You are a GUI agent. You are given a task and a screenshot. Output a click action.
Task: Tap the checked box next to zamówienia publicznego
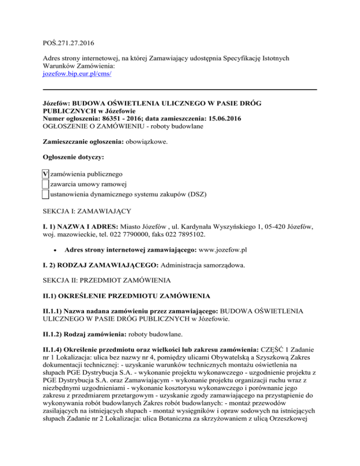click(x=45, y=175)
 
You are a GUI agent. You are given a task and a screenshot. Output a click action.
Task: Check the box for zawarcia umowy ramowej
click(x=45, y=184)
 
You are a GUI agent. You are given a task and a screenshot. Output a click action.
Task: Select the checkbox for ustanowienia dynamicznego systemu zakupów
click(x=45, y=194)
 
